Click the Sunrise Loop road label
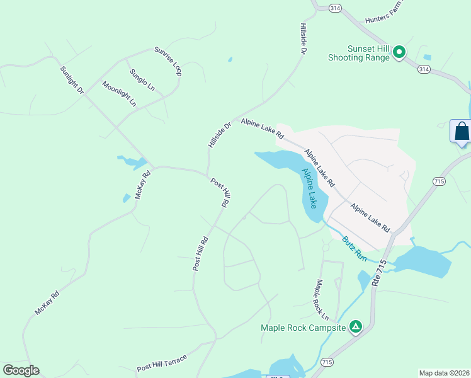168,61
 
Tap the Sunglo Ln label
142,80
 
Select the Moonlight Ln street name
119,94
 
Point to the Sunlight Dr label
72,80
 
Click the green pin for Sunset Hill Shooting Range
399,52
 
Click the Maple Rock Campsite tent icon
356,326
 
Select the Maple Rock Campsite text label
304,328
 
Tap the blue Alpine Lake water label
310,188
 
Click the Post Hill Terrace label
162,363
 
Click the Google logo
21,370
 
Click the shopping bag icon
462,131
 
